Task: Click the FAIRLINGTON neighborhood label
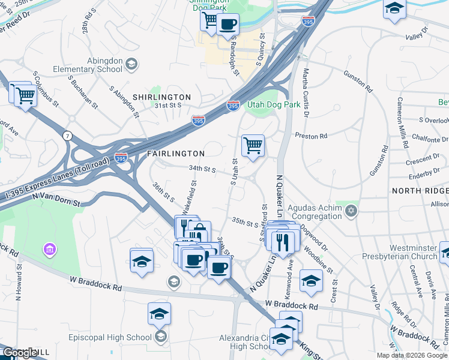pyautogui.click(x=176, y=154)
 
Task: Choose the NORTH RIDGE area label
pyautogui.click(x=420, y=190)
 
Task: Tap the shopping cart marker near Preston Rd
pyautogui.click(x=253, y=145)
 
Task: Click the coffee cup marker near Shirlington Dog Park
pyautogui.click(x=228, y=25)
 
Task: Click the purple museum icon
pyautogui.click(x=49, y=248)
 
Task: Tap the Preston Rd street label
pyautogui.click(x=311, y=136)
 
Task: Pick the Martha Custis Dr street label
pyautogui.click(x=306, y=92)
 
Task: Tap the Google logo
pyautogui.click(x=19, y=353)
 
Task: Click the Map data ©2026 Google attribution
pyautogui.click(x=412, y=355)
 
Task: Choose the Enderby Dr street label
pyautogui.click(x=423, y=173)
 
